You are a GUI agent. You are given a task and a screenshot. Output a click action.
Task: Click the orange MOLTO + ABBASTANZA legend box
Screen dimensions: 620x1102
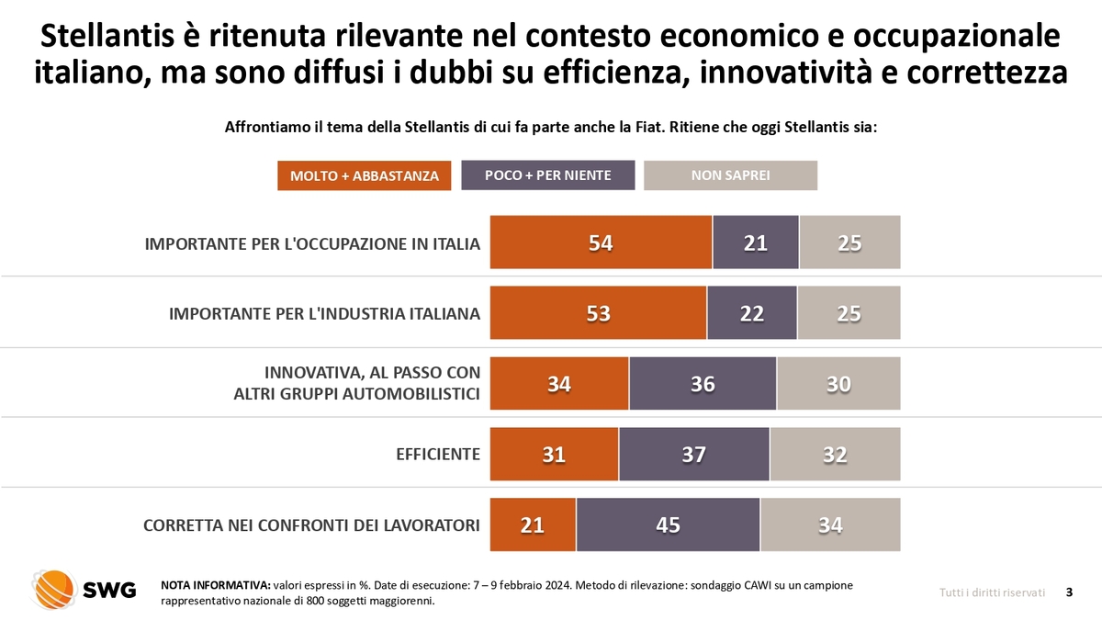[x=364, y=175]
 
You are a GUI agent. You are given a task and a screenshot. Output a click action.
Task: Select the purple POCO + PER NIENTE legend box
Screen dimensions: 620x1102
[x=547, y=175]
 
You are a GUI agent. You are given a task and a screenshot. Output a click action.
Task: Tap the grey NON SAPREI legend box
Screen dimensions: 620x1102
[x=730, y=175]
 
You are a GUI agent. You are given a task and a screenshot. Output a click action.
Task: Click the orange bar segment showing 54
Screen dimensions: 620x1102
[x=601, y=242]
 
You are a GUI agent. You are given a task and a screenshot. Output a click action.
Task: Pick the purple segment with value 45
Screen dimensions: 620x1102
[x=668, y=525]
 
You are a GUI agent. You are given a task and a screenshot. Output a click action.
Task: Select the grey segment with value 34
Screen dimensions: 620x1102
[x=830, y=525]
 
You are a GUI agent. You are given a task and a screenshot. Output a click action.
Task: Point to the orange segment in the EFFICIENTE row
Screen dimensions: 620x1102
[x=554, y=455]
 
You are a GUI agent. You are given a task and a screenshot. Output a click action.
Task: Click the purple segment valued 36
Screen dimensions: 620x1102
[x=703, y=384]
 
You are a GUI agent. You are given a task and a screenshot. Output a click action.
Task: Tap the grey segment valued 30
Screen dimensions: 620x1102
[x=838, y=384]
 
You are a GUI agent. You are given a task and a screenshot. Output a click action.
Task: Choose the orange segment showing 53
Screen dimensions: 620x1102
[x=598, y=313]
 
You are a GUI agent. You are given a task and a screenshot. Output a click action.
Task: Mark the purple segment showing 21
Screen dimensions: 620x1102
[x=755, y=242]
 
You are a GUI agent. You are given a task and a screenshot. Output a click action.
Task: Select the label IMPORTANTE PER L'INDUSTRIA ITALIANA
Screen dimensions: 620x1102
[x=324, y=313]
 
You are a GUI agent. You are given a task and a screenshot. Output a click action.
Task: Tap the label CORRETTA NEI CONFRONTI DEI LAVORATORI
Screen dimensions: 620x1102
[x=311, y=525]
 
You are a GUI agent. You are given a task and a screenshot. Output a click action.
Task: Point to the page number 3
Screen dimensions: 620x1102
[x=1069, y=592]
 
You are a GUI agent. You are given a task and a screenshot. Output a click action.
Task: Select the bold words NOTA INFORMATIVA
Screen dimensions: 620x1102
[x=215, y=585]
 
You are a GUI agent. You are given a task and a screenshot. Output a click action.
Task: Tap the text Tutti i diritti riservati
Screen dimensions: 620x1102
[x=992, y=592]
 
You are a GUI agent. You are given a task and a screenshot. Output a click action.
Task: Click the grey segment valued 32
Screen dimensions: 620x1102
[x=835, y=455]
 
